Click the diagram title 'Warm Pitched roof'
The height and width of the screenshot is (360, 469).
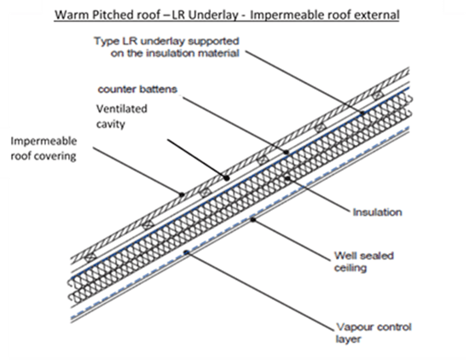(107, 15)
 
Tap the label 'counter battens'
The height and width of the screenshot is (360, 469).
(137, 90)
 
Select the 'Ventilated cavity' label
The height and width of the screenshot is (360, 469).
(121, 116)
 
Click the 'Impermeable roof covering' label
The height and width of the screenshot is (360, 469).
(43, 148)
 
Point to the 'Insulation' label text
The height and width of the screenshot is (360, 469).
(378, 212)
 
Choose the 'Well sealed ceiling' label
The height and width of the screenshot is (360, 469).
(364, 262)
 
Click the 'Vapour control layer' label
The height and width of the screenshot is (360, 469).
(373, 333)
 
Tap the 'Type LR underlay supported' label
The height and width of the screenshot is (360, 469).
(166, 41)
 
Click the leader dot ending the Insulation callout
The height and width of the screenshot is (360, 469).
(287, 178)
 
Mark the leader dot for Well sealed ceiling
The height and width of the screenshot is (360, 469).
(253, 219)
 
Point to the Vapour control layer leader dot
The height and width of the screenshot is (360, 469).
(187, 253)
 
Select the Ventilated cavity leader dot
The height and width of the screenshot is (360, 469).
(227, 178)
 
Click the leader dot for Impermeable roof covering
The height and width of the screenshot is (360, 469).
(182, 195)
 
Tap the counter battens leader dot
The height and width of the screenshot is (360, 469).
(287, 152)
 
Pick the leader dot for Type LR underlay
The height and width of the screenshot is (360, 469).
(362, 113)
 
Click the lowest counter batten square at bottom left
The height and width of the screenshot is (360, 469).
(90, 257)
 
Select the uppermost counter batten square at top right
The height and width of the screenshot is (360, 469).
(378, 95)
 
